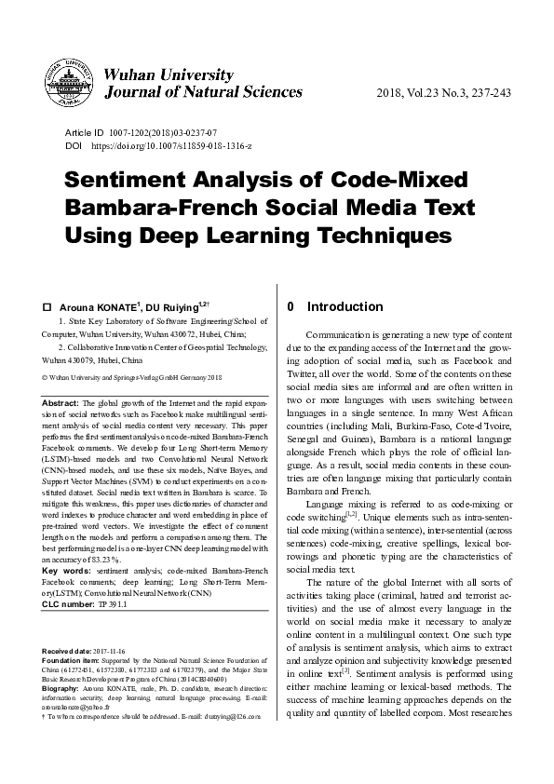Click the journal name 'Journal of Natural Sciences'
(x=205, y=91)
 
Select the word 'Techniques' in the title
(x=360, y=232)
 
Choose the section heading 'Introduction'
(x=345, y=306)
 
